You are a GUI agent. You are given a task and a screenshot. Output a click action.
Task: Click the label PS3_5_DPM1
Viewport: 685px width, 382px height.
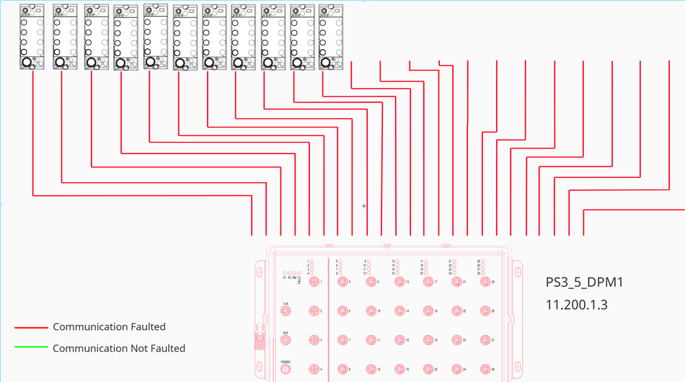584,282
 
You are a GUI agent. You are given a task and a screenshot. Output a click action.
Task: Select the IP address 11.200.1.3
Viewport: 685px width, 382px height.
576,305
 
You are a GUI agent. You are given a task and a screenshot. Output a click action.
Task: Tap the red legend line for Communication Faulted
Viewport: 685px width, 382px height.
30,327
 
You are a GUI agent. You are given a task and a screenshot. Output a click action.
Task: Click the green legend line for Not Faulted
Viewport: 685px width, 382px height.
30,349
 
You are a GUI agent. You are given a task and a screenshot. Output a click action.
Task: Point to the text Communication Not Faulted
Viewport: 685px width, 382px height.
118,349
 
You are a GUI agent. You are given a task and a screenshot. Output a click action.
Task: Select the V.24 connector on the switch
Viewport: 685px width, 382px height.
286,311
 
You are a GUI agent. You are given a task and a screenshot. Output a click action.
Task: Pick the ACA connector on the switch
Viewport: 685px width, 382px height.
286,340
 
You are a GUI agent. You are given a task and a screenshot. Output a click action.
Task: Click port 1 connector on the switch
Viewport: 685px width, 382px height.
314,283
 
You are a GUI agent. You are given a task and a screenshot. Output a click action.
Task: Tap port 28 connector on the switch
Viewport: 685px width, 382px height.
485,368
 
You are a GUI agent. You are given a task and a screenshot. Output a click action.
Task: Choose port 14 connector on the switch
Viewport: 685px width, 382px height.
399,311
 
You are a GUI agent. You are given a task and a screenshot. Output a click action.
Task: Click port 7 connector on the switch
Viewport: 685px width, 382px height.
342,340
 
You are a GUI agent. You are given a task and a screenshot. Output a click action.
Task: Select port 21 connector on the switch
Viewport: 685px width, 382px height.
456,283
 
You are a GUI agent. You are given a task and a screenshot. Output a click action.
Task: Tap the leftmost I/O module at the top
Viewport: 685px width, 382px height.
32,37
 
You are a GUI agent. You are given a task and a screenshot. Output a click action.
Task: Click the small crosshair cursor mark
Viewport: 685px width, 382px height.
363,206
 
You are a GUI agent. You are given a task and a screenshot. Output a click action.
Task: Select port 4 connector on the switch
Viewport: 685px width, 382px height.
314,368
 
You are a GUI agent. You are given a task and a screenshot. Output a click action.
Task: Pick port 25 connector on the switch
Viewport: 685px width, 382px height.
485,283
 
